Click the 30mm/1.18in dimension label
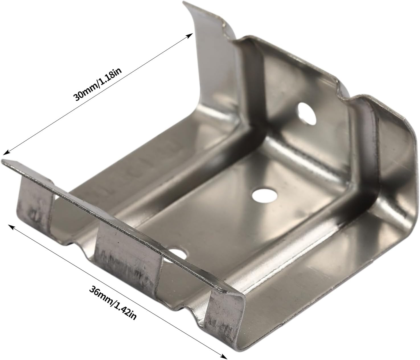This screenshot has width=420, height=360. click(x=98, y=85)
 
